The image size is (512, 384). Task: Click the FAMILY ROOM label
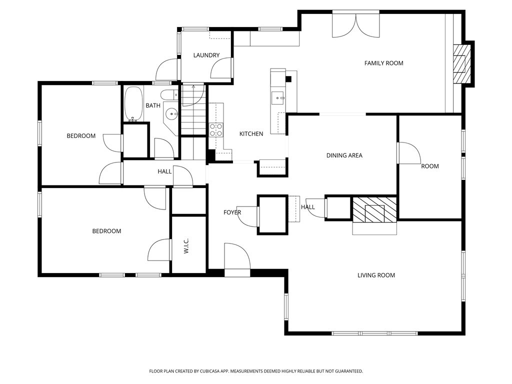coord(383,63)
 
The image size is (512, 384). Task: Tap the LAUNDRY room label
coord(206,55)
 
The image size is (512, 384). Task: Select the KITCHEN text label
coord(251,133)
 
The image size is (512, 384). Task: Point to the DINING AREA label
coord(344,155)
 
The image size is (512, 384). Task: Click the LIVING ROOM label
coord(376,275)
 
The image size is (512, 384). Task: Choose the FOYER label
coord(232,212)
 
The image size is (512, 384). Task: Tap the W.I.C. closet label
coord(186,245)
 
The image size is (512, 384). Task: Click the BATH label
coord(153,105)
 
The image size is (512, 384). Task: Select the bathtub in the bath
coord(133,104)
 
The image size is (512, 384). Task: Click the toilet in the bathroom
coord(169,94)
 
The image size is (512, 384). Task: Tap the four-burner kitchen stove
coord(216,130)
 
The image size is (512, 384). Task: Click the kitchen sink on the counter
coord(277,97)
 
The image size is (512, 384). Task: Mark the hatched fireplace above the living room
coord(374,209)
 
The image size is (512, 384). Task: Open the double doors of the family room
coord(356,25)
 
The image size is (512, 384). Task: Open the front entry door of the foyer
coord(237,260)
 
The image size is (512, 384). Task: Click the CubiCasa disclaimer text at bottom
coord(256,371)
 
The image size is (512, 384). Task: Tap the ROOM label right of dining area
coord(429,166)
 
